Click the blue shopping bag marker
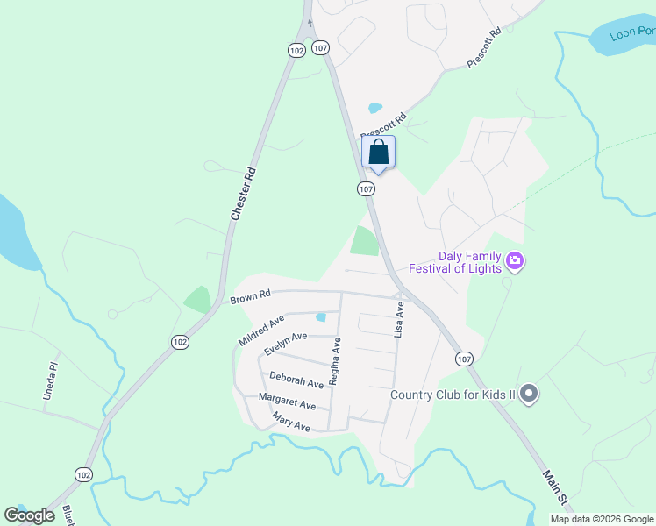pyautogui.click(x=378, y=153)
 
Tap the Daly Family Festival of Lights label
pyautogui.click(x=453, y=262)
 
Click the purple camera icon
pyautogui.click(x=515, y=260)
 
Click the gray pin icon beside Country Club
pyautogui.click(x=528, y=394)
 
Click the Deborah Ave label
pyautogui.click(x=296, y=379)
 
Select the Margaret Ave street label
pyautogui.click(x=287, y=402)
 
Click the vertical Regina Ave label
pyautogui.click(x=335, y=364)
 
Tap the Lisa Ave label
pyautogui.click(x=400, y=321)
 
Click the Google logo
pyautogui.click(x=29, y=515)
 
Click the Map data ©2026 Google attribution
pyautogui.click(x=602, y=519)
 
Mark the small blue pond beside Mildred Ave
pyautogui.click(x=321, y=317)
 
